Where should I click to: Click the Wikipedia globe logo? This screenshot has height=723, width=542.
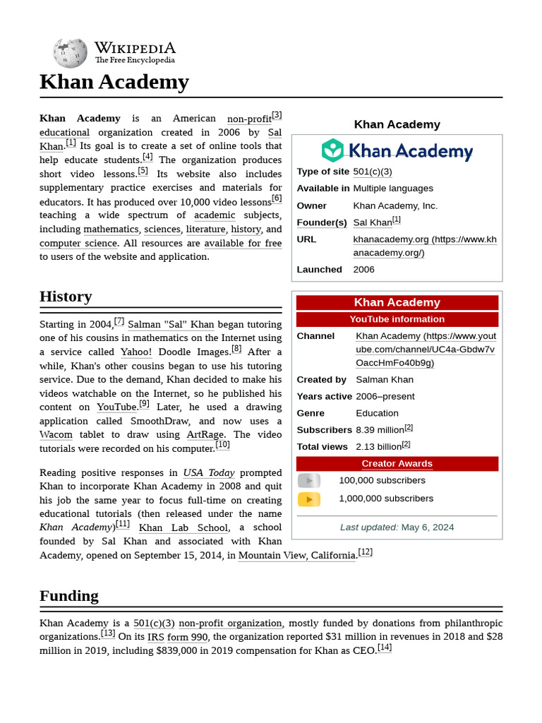coord(70,54)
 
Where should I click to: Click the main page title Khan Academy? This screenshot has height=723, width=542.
coord(114,83)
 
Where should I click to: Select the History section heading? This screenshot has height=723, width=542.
coord(66,297)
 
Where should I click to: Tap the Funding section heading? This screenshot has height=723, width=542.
coord(69,596)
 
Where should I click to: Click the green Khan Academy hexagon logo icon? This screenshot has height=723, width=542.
coord(332,150)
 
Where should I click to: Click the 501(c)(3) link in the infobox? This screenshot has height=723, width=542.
coord(372,172)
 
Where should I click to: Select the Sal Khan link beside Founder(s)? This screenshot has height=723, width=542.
coord(372,222)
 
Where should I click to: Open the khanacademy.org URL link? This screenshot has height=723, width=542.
coord(390,239)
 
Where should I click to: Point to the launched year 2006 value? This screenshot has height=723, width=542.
coord(363,270)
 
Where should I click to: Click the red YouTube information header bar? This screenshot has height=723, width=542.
coord(397,319)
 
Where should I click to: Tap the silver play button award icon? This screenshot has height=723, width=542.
coord(308,481)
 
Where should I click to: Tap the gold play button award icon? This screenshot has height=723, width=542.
coord(308,499)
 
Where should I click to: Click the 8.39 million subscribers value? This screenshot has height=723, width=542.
coord(380,430)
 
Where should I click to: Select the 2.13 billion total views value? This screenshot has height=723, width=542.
coord(378,447)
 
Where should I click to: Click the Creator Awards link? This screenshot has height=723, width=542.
coord(397,464)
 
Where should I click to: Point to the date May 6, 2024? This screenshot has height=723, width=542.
coord(427,527)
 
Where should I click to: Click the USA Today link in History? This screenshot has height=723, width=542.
coord(208,473)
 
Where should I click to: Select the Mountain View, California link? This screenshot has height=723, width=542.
coord(297,556)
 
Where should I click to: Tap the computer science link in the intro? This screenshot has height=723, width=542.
coord(78,244)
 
